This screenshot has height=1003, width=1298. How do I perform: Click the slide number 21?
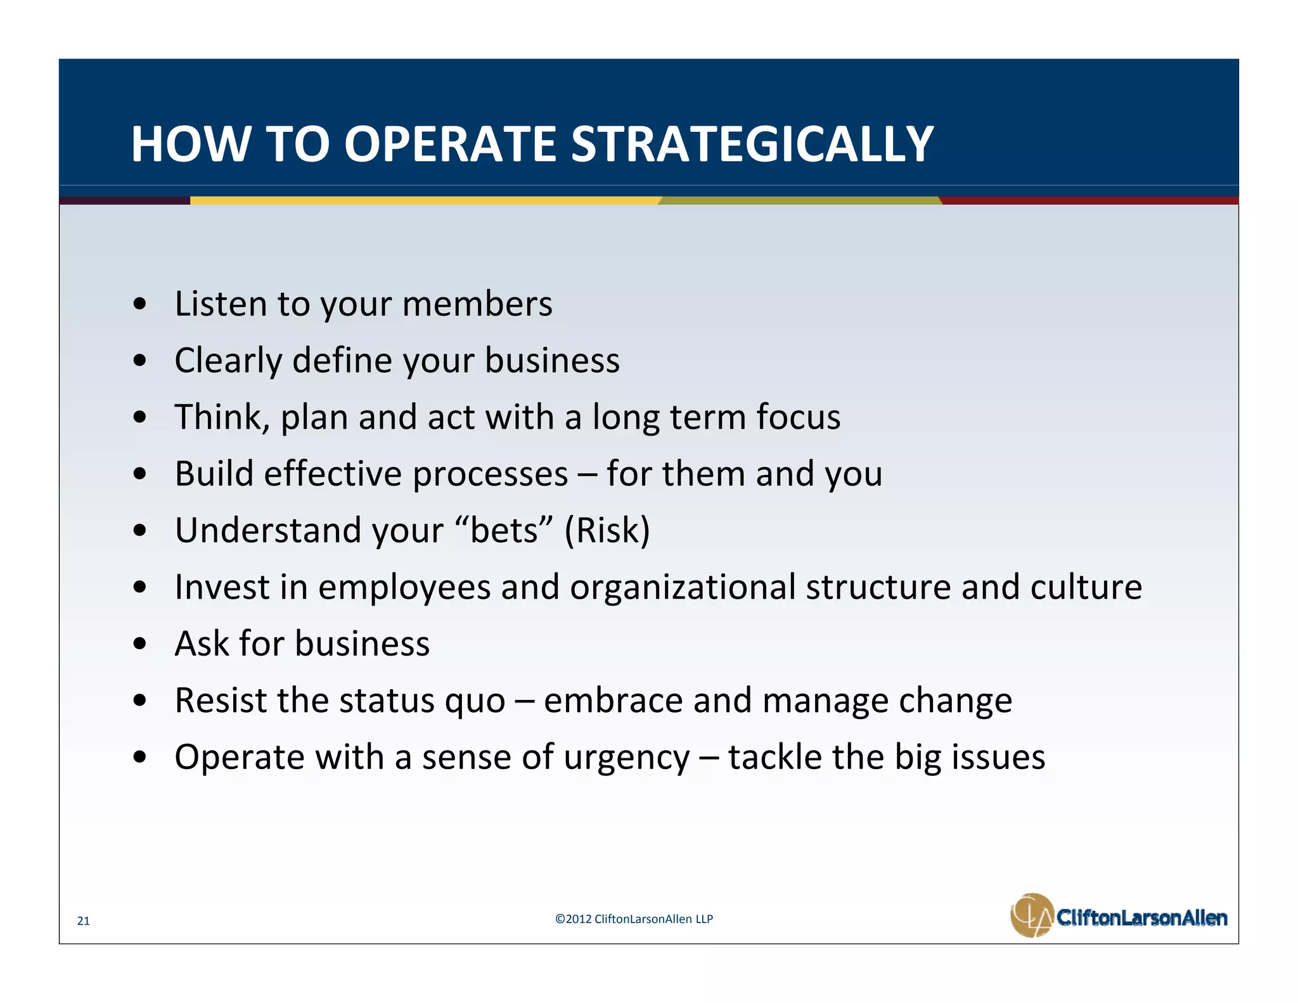(83, 921)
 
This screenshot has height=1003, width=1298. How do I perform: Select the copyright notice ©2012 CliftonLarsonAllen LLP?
(634, 919)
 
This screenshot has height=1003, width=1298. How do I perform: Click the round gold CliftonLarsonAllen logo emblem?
(1031, 915)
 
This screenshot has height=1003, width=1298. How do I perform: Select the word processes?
(490, 474)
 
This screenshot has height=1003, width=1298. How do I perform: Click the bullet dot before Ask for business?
(141, 644)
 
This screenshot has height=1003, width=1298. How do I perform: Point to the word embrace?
(613, 701)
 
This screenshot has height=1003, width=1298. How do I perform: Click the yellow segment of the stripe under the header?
(425, 200)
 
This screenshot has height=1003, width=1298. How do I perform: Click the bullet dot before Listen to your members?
(141, 304)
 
